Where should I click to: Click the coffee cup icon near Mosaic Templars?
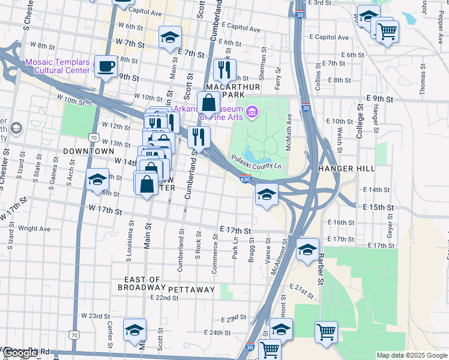(x=106, y=67)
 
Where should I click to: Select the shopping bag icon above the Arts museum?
(x=208, y=103)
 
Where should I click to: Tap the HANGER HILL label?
(x=346, y=169)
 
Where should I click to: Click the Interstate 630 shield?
(x=255, y=178)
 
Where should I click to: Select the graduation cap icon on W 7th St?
(x=170, y=37)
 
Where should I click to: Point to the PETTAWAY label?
(x=191, y=290)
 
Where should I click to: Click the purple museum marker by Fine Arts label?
(x=252, y=112)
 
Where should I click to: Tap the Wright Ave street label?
(x=34, y=229)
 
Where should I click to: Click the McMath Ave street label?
(x=289, y=129)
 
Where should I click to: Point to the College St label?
(x=360, y=122)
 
